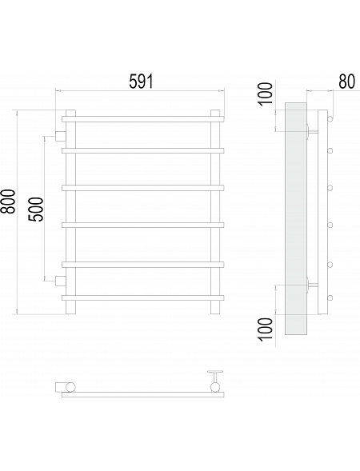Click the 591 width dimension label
pyautogui.click(x=141, y=82)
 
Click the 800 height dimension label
pyautogui.click(x=7, y=202)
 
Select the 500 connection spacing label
pyautogui.click(x=36, y=210)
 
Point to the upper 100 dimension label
pyautogui.click(x=266, y=94)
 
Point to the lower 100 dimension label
pyautogui.click(x=266, y=329)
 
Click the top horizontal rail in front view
pyautogui.click(x=143, y=119)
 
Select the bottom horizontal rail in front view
pyautogui.click(x=143, y=298)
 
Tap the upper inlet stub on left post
pyautogui.click(x=61, y=136)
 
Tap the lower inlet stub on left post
pyautogui.click(x=61, y=281)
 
